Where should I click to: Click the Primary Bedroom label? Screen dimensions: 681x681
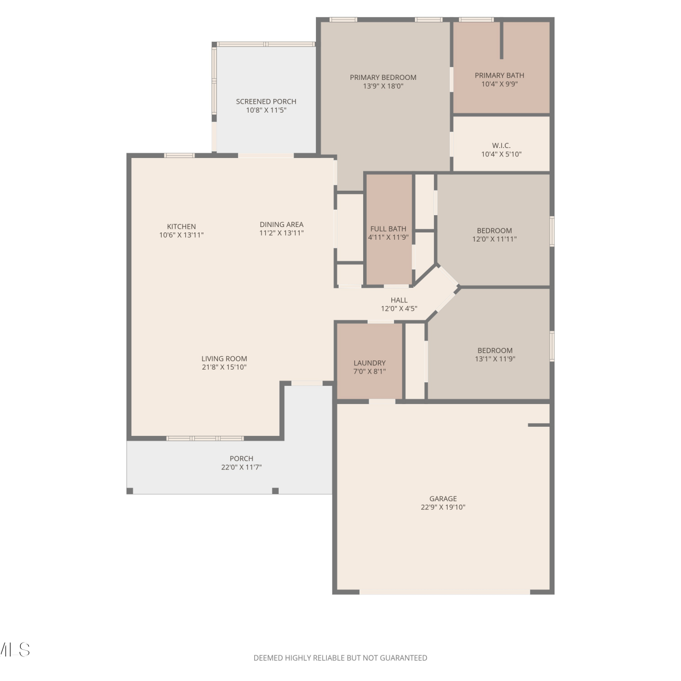[x=383, y=78]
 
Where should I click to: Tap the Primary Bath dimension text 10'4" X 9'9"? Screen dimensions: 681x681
[x=499, y=84]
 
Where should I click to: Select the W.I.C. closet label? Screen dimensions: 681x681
[x=501, y=146]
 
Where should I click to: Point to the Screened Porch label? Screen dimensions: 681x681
[x=266, y=102]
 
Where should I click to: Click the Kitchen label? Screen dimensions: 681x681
[x=181, y=227]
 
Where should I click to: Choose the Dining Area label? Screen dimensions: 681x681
[x=281, y=224]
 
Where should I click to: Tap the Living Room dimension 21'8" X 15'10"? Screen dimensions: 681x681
[x=224, y=367]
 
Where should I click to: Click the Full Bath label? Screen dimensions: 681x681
[x=388, y=229]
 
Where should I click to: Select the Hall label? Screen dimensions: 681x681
[x=399, y=300]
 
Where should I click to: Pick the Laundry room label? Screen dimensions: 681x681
[x=370, y=363]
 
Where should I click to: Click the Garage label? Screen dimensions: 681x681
[x=443, y=499]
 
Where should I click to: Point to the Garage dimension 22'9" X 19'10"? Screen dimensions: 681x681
[x=443, y=508]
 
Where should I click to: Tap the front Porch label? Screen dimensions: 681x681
[x=242, y=459]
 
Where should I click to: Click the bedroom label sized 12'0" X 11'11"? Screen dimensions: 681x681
[x=494, y=231]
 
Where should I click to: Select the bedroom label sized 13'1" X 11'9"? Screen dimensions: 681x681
[x=495, y=350]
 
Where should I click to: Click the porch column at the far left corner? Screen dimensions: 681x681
[x=130, y=491]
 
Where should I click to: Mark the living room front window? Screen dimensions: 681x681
[x=205, y=439]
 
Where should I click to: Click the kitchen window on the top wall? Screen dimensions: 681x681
[x=179, y=156]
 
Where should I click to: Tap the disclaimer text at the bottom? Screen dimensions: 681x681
[x=340, y=658]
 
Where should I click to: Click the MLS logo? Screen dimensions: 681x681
[x=15, y=650]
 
